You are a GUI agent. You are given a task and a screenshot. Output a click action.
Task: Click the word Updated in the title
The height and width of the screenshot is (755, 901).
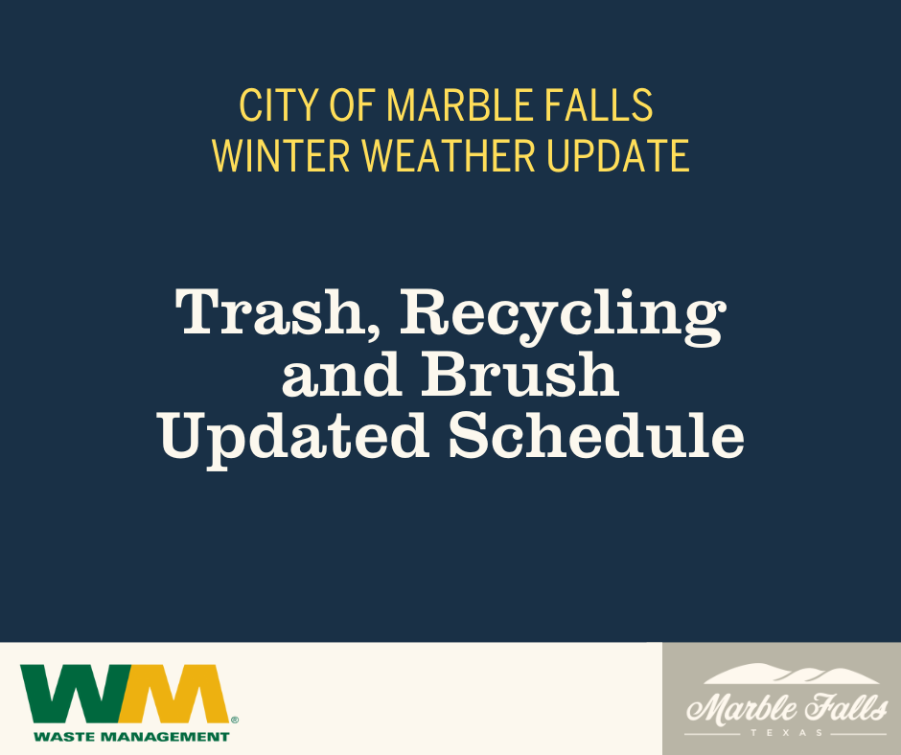[x=294, y=436]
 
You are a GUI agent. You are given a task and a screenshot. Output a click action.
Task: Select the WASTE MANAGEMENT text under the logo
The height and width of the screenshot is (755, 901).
[x=131, y=736]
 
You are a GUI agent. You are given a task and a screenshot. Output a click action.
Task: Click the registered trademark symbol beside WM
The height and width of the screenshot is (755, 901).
[x=235, y=718]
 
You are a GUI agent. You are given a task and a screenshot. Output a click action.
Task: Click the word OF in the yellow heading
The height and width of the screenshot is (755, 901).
[x=351, y=106]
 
